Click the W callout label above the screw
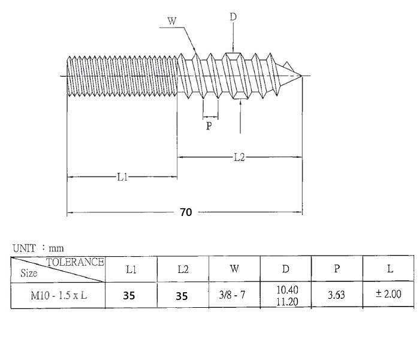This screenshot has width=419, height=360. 172,22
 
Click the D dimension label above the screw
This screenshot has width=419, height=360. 233,17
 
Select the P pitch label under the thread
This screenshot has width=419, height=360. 209,126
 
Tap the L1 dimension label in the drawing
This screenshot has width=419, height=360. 122,177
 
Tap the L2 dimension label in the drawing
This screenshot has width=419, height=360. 239,157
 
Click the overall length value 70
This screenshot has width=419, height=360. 186,212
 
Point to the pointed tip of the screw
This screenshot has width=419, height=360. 302,76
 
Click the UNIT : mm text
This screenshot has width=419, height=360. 38,247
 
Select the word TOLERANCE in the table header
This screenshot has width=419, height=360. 76,262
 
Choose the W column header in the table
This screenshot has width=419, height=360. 234,269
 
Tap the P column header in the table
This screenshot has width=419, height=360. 337,269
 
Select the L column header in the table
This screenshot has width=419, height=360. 390,269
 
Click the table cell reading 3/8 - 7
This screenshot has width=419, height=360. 234,295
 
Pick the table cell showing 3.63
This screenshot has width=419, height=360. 337,295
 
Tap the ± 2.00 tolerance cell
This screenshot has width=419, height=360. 389,295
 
